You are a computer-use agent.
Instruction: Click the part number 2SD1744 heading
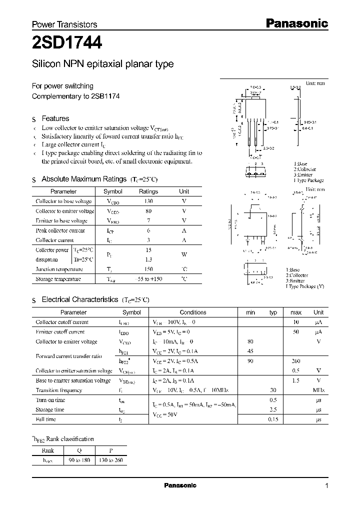coord(67,44)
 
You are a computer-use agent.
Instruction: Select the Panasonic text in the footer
coord(180,485)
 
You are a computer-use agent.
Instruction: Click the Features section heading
coord(55,118)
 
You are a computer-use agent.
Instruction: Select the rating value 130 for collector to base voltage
coord(148,201)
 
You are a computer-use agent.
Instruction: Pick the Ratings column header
coord(148,191)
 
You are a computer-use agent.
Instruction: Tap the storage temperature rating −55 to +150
coord(148,279)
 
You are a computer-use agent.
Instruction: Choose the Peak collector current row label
coord(60,230)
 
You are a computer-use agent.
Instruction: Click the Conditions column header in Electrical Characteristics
coord(192,312)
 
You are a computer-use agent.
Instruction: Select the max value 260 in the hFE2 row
coord(295,360)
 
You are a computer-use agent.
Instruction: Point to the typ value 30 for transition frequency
coord(273,390)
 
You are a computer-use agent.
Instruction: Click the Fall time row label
coord(46,419)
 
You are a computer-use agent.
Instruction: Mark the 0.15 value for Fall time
coord(295,419)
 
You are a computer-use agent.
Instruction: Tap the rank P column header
coord(110,449)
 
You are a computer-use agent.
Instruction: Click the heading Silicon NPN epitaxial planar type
coord(102,64)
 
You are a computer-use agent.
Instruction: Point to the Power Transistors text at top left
coord(64,24)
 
